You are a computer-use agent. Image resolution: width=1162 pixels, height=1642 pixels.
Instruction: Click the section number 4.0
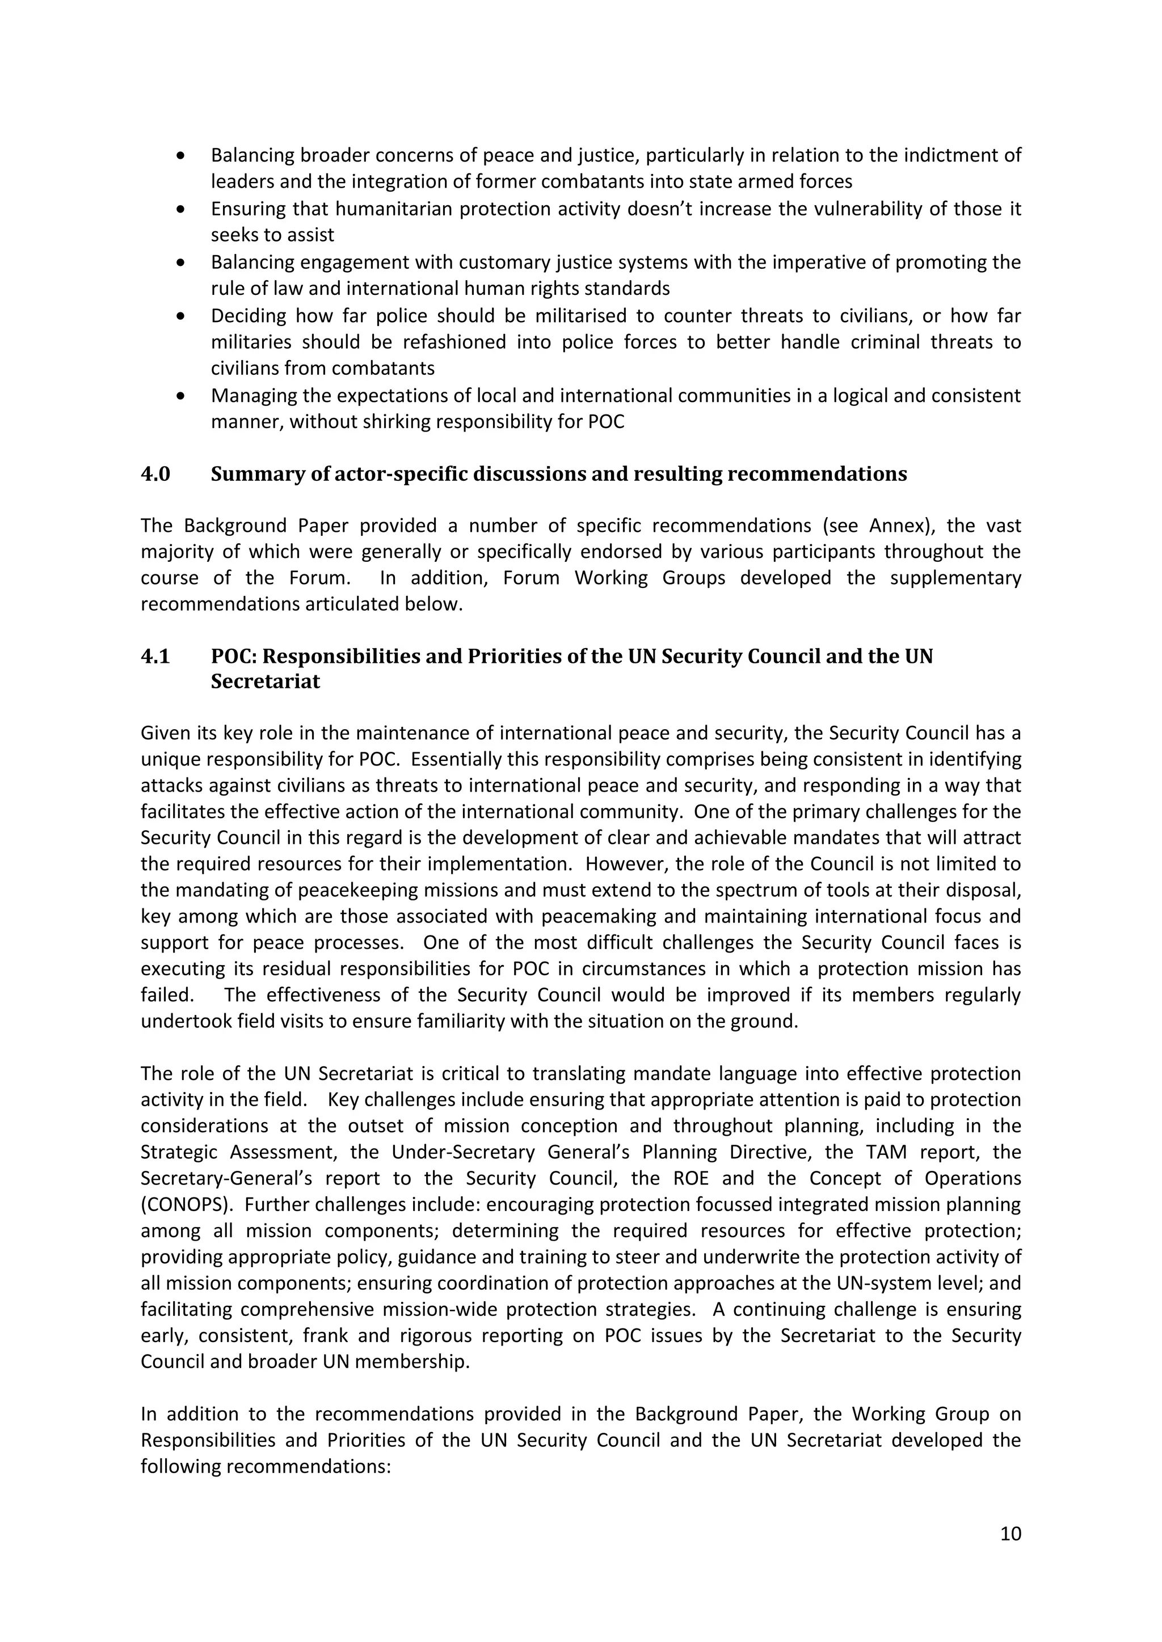pos(155,474)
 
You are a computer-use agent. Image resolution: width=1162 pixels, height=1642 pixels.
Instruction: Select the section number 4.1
pos(155,656)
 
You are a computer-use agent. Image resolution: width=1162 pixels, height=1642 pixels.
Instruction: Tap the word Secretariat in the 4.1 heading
pos(265,681)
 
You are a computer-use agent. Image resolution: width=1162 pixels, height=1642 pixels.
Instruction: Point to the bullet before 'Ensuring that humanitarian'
pos(181,209)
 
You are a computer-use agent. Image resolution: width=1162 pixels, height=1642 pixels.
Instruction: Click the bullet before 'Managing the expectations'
pos(181,396)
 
